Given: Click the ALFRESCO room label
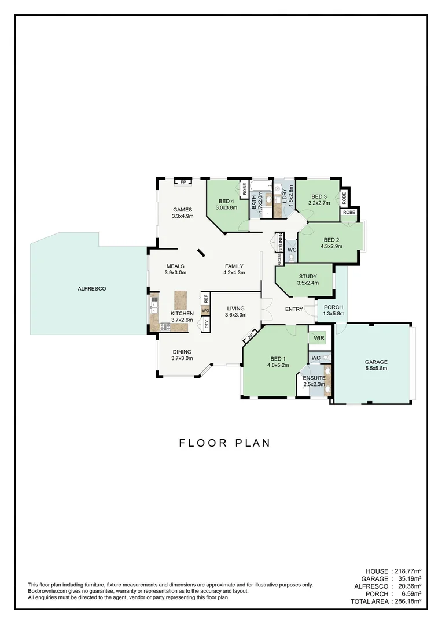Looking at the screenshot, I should tap(92, 288).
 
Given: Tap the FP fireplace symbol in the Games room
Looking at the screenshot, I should tap(183, 183).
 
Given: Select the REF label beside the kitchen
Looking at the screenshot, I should tap(205, 299).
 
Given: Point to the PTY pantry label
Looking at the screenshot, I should tap(205, 324).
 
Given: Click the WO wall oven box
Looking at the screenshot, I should tap(205, 311).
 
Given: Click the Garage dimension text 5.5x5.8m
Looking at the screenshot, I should tap(376, 369).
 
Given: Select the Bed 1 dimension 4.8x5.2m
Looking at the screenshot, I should tap(278, 365).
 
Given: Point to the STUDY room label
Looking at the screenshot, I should tap(307, 276).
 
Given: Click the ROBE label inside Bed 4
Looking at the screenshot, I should tap(245, 188).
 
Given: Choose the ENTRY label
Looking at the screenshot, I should tap(294, 309).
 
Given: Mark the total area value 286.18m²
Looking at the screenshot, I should tap(408, 601).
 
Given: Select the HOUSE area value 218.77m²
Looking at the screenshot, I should tap(408, 571).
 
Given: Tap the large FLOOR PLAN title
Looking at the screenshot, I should tap(224, 443).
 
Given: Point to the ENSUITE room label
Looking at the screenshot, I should tap(314, 377).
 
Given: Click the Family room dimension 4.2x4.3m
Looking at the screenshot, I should tap(234, 273).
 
